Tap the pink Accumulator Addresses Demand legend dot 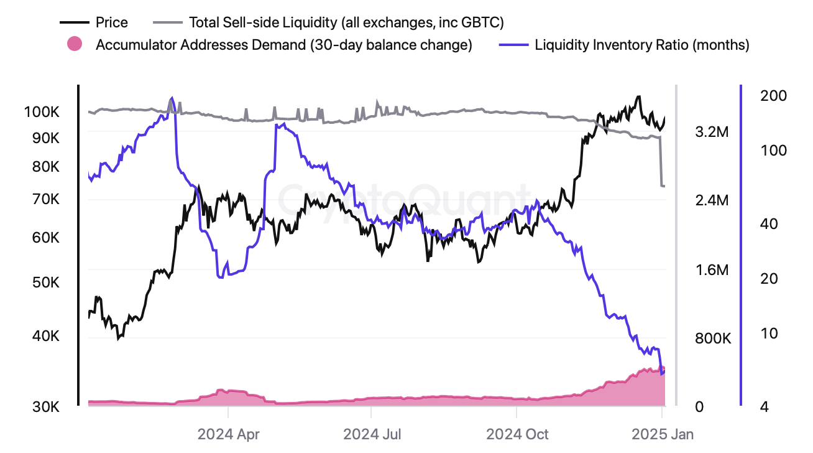click(75, 45)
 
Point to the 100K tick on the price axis click(41, 113)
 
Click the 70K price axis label click(44, 200)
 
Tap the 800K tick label click(712, 339)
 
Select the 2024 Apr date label click(228, 434)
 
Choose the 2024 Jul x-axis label click(371, 434)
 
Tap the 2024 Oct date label click(517, 434)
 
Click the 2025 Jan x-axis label click(663, 434)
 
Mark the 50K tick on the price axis click(44, 283)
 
